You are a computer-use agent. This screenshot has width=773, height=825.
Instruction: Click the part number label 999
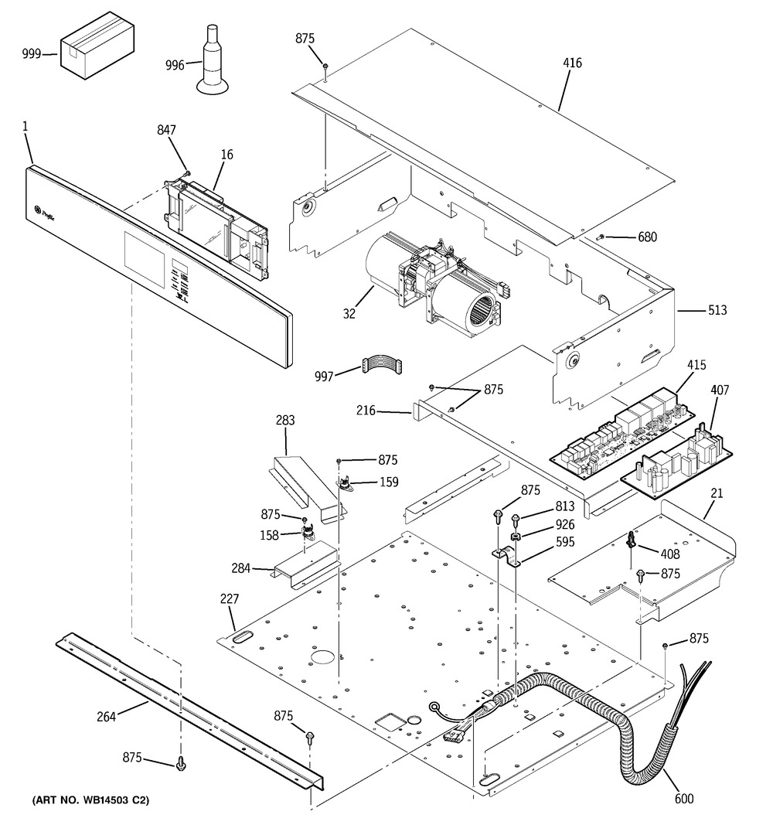point(32,54)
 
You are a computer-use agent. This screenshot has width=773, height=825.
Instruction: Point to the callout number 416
point(572,63)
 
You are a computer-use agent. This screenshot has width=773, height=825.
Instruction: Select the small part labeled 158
point(308,532)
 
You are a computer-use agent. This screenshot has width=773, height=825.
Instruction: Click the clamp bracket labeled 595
point(506,556)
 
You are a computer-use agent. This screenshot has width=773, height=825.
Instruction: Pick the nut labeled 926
point(516,537)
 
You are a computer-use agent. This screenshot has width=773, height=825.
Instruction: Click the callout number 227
point(230,598)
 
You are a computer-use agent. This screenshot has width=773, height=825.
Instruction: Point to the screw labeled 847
point(187,172)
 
